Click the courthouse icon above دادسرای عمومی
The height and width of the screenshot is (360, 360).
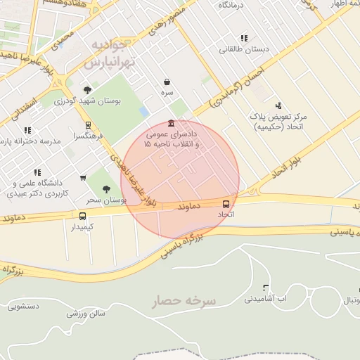click(x=172, y=123)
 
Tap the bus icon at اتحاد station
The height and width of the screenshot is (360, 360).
click(x=226, y=202)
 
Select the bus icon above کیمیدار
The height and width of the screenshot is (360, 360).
click(x=83, y=216)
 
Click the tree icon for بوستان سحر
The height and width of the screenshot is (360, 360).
click(x=106, y=188)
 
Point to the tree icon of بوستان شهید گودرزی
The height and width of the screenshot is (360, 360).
click(x=87, y=90)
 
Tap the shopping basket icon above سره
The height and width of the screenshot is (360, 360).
click(x=167, y=82)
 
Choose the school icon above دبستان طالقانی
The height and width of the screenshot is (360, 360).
click(x=243, y=38)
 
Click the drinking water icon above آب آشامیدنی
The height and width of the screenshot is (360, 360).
click(x=265, y=288)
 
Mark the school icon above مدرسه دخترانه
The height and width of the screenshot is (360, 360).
click(x=27, y=130)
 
